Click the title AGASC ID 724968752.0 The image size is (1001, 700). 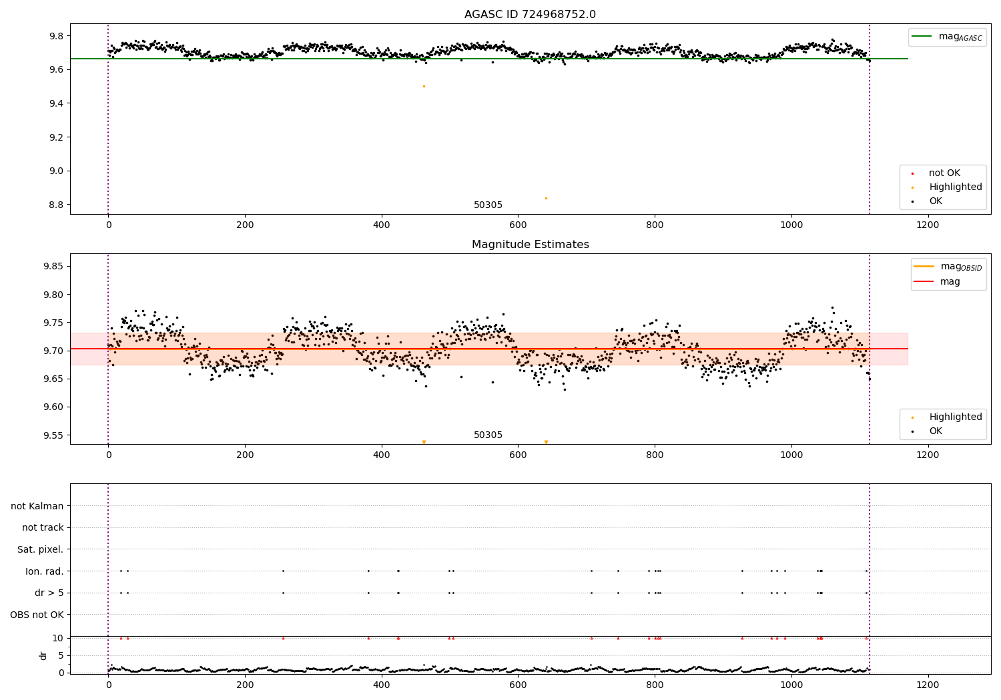click(530, 15)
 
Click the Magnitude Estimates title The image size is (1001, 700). click(530, 245)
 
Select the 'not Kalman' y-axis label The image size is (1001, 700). click(37, 506)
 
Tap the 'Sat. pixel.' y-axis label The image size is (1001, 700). click(41, 549)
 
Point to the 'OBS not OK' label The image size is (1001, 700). click(37, 615)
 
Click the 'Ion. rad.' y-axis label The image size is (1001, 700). click(45, 571)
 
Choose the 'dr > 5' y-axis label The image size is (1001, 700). click(49, 593)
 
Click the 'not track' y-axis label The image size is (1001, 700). click(43, 527)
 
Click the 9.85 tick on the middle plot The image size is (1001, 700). click(53, 267)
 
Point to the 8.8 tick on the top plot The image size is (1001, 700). click(55, 205)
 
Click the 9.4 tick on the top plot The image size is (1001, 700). click(55, 103)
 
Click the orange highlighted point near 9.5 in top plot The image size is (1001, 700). click(424, 86)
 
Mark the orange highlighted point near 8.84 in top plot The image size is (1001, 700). click(546, 198)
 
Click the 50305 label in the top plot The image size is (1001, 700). click(488, 205)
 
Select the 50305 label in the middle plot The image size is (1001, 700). click(488, 435)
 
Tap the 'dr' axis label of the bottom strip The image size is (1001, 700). click(43, 655)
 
